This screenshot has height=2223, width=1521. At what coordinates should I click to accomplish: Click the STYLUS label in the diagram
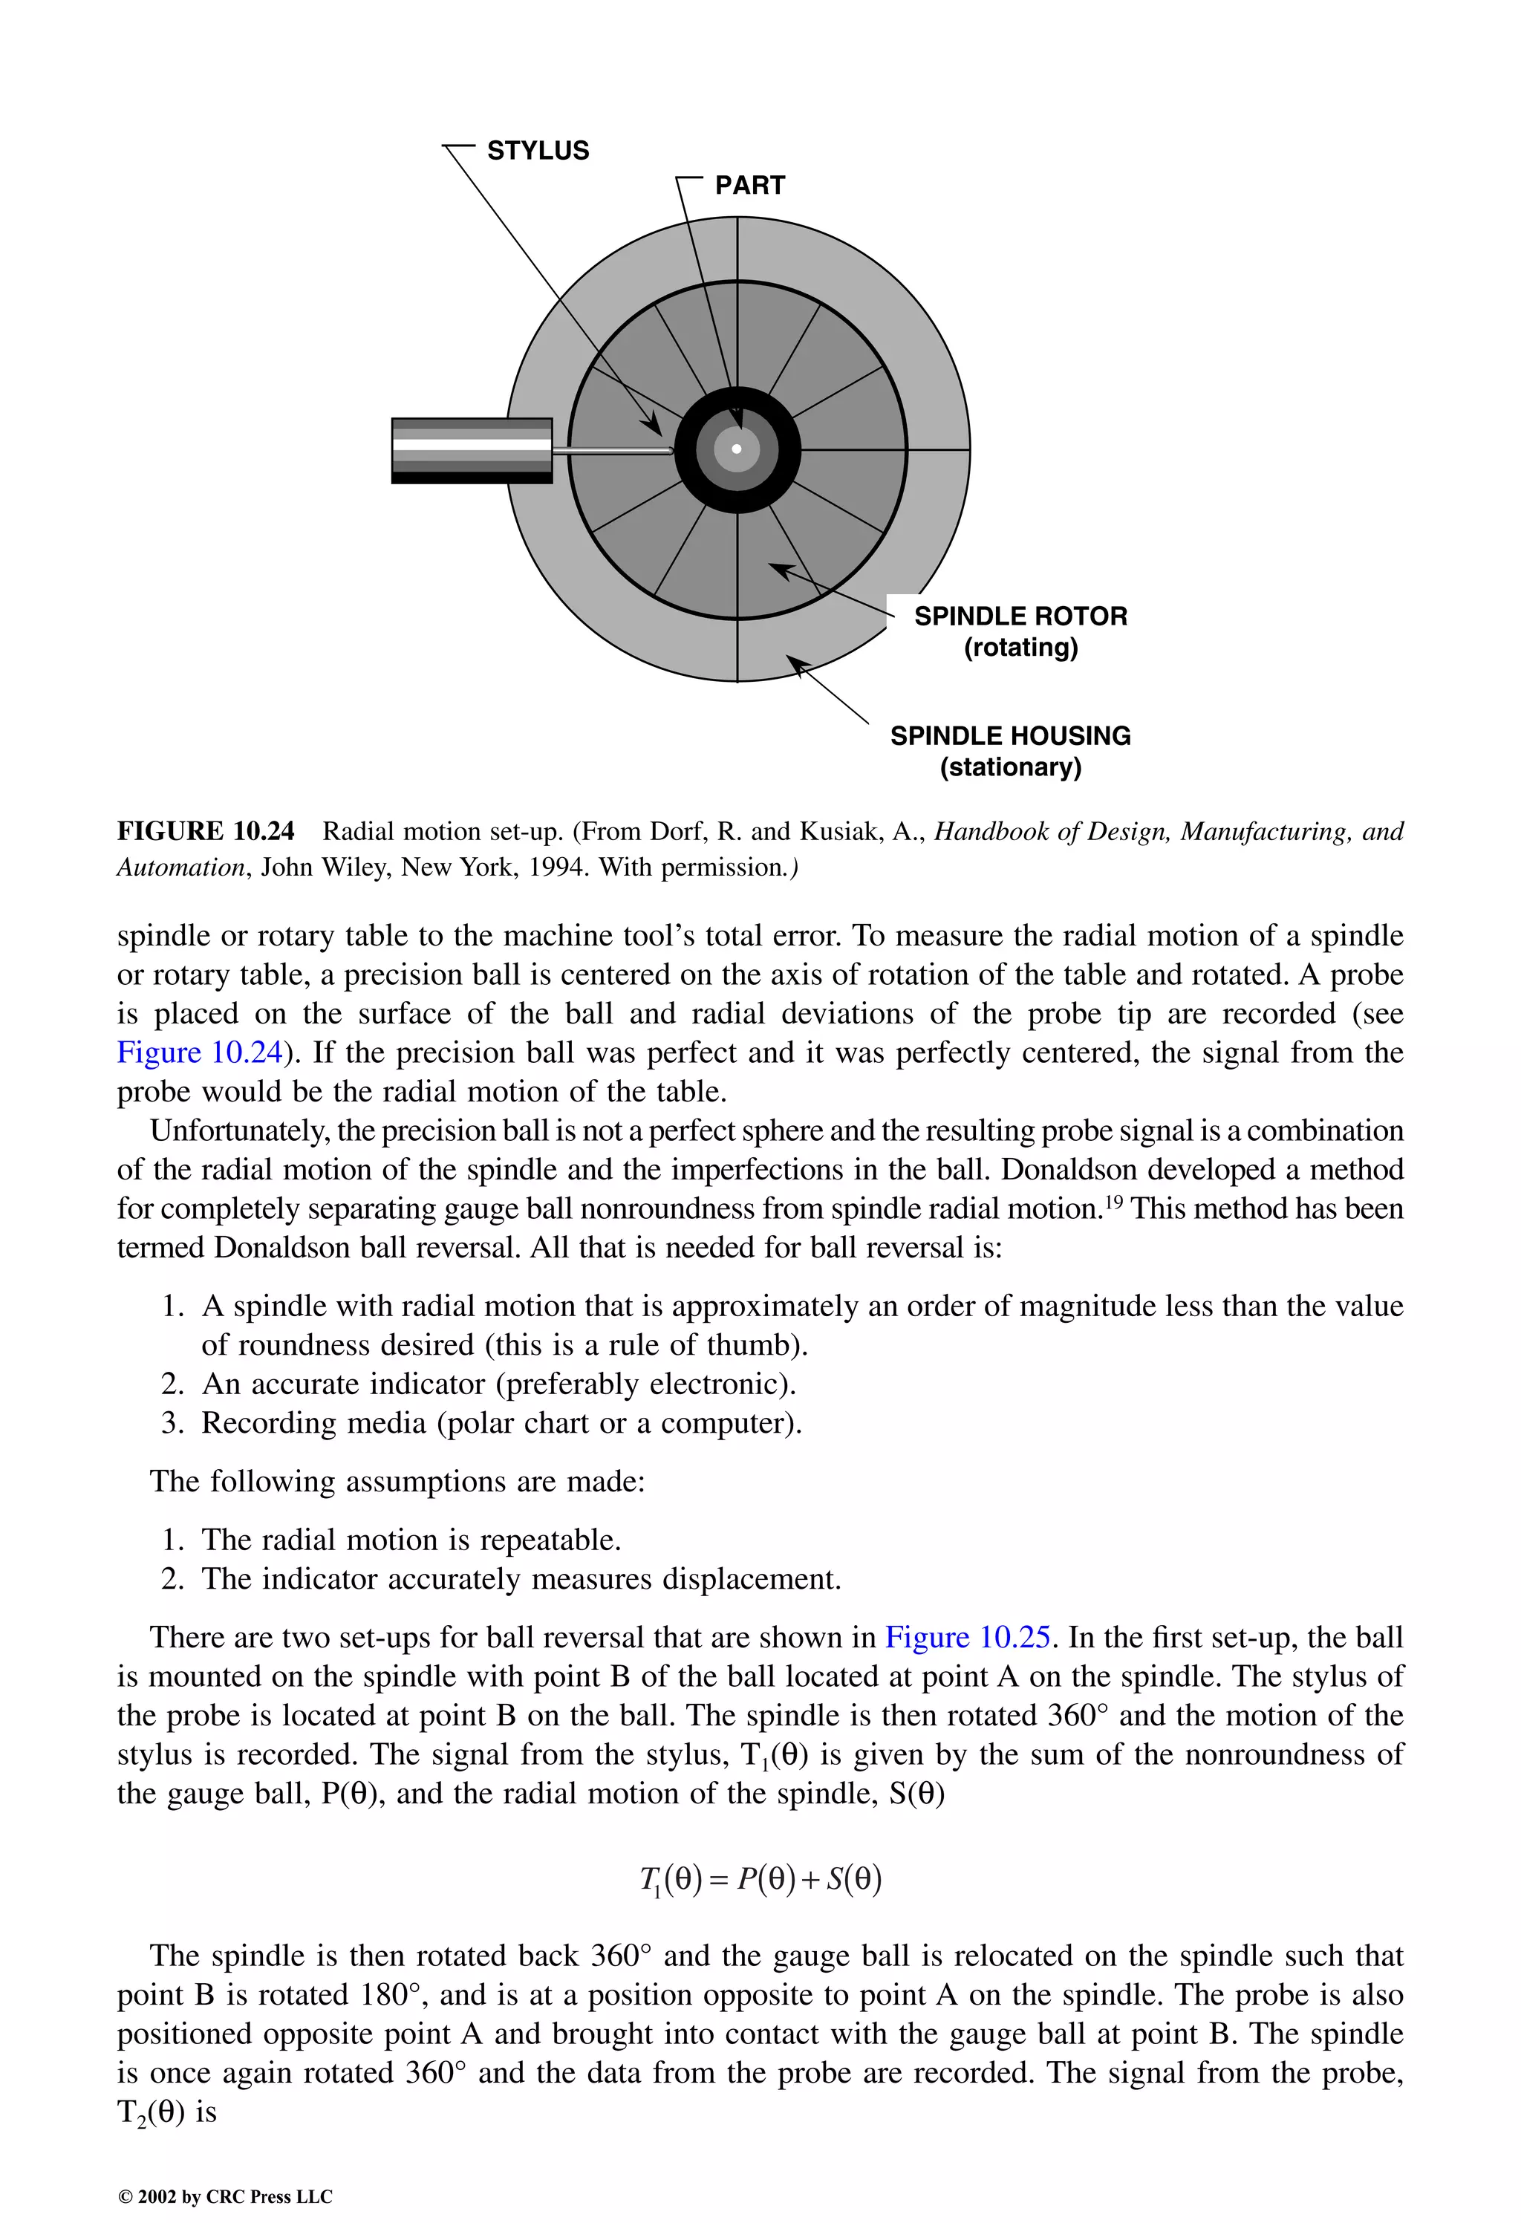coord(538,150)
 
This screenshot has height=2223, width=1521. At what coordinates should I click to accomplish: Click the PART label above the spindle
coord(749,185)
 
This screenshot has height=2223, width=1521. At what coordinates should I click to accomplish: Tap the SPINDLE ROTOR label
coord(1020,615)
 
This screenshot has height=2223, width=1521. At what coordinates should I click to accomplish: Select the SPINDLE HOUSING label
coord(1009,735)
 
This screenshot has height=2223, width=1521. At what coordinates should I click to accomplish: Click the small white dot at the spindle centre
coord(737,449)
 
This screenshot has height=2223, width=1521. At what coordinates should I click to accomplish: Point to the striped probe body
coord(472,451)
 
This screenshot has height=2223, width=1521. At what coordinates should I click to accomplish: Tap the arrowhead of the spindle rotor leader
coord(778,569)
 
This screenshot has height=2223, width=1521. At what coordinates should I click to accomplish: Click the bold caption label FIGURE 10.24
coord(205,831)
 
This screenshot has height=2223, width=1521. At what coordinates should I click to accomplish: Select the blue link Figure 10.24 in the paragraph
coord(199,1052)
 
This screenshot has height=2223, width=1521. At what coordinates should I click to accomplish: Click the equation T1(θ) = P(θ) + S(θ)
coord(760,1878)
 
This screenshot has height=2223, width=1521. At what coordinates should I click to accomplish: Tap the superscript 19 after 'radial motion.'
coord(1113,1202)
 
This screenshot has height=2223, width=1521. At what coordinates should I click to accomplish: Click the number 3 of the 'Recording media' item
coord(172,1423)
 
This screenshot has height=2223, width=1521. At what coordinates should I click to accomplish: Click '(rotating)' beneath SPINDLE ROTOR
coord(1020,648)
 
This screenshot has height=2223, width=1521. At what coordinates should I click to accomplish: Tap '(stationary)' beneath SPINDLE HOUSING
coord(1009,767)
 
